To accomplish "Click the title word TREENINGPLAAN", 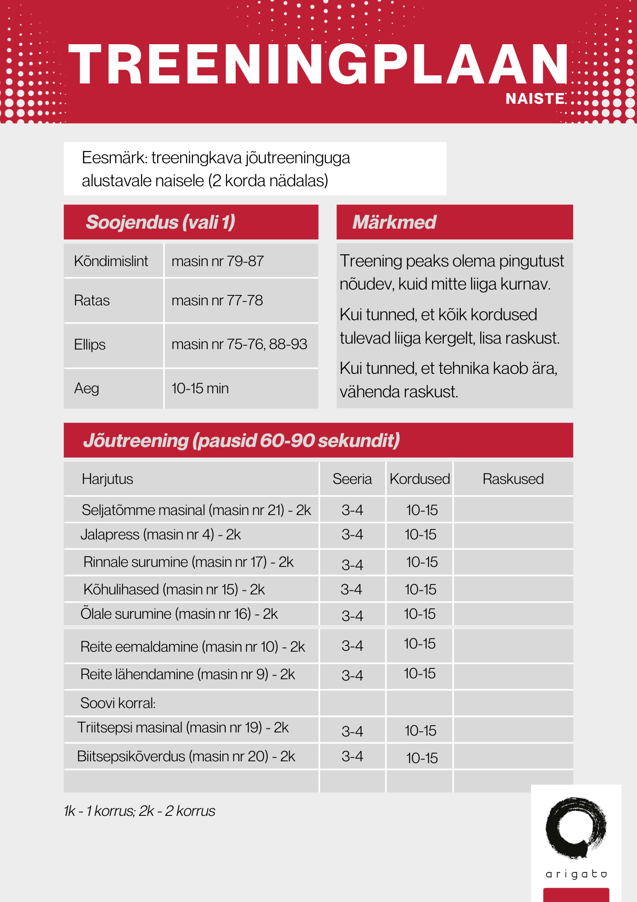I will coord(318,64).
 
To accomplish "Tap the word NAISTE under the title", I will coord(535,99).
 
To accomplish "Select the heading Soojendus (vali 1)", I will coord(160,222).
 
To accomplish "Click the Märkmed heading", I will coord(394,222).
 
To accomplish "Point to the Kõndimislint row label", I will coord(111,261).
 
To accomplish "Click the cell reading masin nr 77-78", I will coord(217,300).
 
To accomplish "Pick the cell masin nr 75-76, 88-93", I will coord(239,345).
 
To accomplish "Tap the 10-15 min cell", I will coord(200,388).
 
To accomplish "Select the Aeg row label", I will coord(86,388).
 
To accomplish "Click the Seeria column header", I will coord(352,479).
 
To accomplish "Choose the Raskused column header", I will coord(513,479).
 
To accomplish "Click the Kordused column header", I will coord(419,479).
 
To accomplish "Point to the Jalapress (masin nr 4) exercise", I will coord(161,534).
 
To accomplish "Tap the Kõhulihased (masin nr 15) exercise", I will coord(174,589).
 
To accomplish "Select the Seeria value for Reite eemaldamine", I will coord(352,646).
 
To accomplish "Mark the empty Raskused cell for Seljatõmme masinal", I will coord(513,510).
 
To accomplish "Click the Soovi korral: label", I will coord(118,703).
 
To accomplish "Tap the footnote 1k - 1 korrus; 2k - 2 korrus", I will coord(140,811).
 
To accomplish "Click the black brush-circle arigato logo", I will coord(576,828).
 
